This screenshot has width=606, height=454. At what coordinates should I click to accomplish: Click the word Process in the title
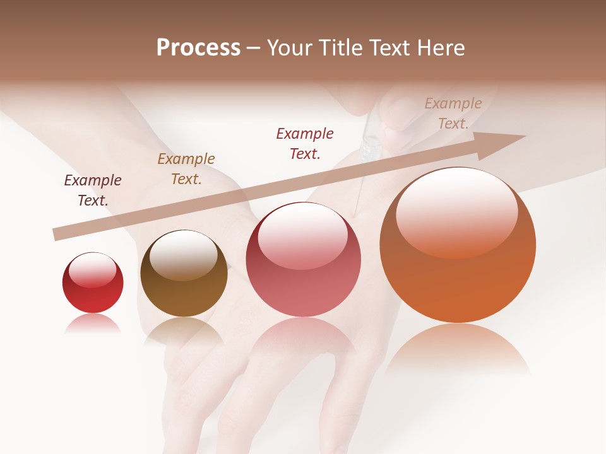198,48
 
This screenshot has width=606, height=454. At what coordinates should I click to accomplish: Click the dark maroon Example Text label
93,190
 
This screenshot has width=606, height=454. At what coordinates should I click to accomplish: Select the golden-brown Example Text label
186,169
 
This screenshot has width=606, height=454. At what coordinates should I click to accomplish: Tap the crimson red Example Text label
305,143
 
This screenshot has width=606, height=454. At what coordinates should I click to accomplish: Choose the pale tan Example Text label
453,113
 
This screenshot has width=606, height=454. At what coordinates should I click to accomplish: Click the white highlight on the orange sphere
457,211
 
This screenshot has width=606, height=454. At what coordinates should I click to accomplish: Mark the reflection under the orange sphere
458,350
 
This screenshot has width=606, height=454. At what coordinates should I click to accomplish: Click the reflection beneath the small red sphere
93,324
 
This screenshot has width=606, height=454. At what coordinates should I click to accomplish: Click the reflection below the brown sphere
184,330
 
